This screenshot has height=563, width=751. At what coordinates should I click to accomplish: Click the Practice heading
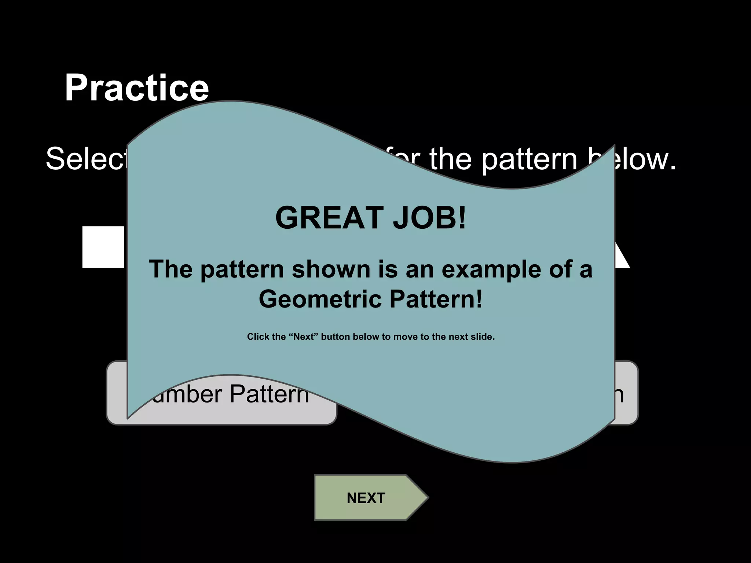pyautogui.click(x=136, y=88)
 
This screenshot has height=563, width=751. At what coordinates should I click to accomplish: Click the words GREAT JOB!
pyautogui.click(x=370, y=218)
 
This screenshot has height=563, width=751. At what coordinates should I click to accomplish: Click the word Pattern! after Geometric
pyautogui.click(x=436, y=299)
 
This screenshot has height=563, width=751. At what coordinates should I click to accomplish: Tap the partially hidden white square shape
pyautogui.click(x=104, y=247)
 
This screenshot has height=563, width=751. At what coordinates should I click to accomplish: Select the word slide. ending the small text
pyautogui.click(x=482, y=336)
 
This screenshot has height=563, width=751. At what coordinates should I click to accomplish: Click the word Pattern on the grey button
pyautogui.click(x=269, y=394)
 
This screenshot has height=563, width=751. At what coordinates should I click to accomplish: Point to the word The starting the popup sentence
pyautogui.click(x=171, y=269)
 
